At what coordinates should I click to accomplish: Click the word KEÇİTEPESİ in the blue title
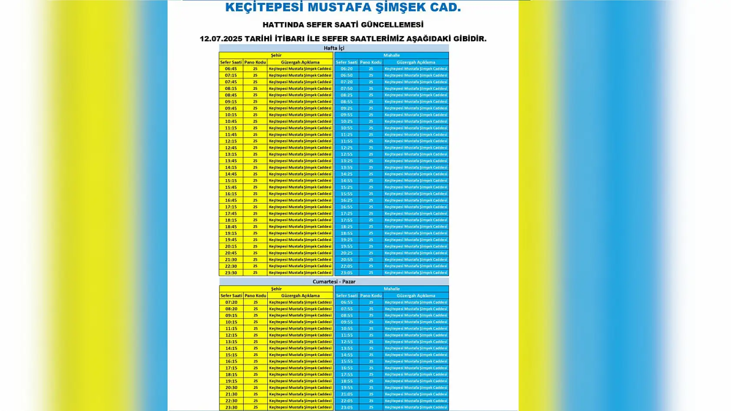tap(264, 7)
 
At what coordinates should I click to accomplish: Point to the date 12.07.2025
tap(221, 39)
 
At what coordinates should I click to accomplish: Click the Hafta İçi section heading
tap(334, 48)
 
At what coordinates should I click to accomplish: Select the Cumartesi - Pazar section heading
tap(334, 282)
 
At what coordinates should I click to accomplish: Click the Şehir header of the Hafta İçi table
tap(276, 55)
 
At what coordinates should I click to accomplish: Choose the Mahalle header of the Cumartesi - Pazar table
tap(392, 289)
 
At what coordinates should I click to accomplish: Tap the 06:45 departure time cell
tap(231, 69)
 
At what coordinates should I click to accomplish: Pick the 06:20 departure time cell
tap(346, 69)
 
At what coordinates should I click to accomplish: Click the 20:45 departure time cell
tap(231, 253)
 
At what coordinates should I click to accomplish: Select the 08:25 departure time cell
tap(346, 95)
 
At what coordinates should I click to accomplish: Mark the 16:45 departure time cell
tap(231, 201)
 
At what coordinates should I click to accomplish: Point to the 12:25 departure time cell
tap(346, 148)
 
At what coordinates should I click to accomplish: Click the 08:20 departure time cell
tap(231, 309)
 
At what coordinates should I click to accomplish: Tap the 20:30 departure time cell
tap(231, 388)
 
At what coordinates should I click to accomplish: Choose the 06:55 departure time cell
tap(347, 302)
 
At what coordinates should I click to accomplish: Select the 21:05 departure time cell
tap(347, 394)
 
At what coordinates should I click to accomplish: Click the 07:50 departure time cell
tap(346, 89)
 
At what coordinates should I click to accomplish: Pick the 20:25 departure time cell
tap(346, 253)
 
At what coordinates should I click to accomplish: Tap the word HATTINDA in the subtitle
tap(284, 25)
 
